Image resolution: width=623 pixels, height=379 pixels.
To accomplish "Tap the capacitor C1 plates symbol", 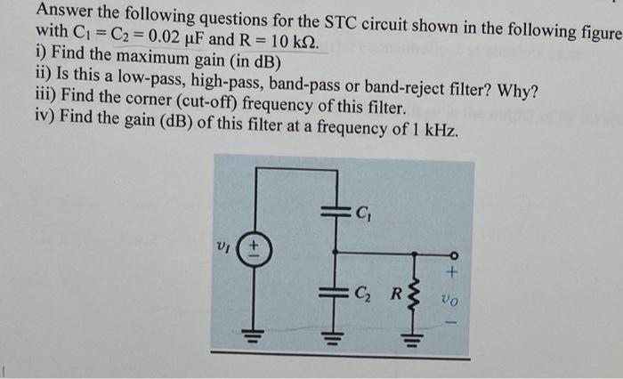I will click(x=336, y=212).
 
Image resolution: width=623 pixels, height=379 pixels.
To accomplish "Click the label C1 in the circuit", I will click(x=362, y=212).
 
